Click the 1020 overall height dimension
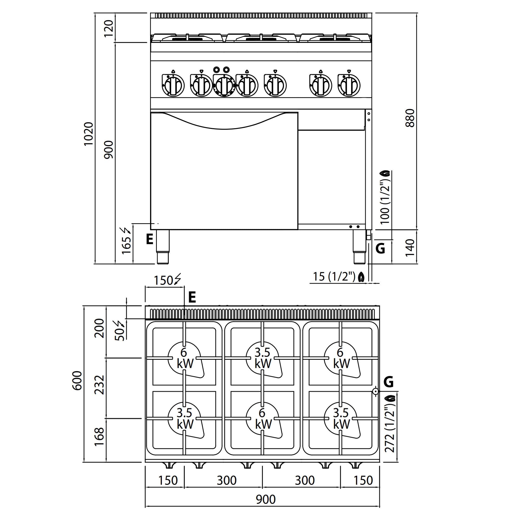tap(89, 134)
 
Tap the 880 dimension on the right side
tap(410, 118)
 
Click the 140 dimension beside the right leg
tap(410, 247)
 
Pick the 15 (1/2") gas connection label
tap(334, 277)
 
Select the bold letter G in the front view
tap(380, 248)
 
